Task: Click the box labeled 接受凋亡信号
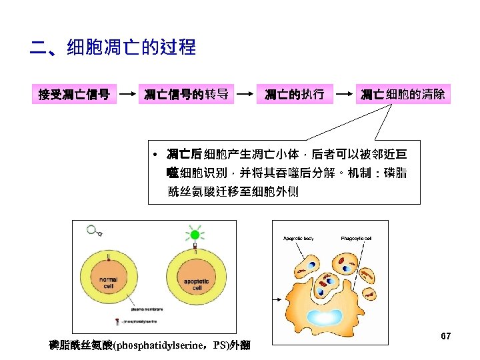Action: (74, 94)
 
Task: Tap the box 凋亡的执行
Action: (294, 94)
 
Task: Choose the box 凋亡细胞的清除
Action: (403, 94)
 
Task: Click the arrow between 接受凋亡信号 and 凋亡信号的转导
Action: (127, 95)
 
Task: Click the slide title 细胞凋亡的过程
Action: (113, 47)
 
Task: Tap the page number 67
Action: (445, 337)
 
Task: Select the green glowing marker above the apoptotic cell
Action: (194, 234)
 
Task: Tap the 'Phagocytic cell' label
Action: (356, 238)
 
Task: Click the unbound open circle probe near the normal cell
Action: (92, 231)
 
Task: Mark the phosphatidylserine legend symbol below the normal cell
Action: (117, 321)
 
